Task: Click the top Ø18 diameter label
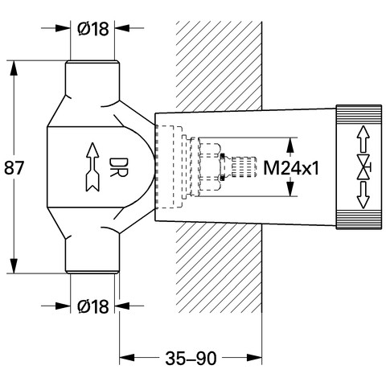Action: (x=93, y=28)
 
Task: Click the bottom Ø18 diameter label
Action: (x=93, y=306)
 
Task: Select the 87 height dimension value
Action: (x=14, y=168)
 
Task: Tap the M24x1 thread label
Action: (x=291, y=168)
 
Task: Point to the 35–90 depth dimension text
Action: (x=191, y=359)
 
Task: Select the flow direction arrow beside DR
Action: (x=92, y=167)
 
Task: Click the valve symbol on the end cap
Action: (x=364, y=167)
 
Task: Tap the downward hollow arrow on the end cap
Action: (x=363, y=195)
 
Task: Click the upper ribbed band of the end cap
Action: (x=359, y=113)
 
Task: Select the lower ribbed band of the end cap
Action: (x=359, y=220)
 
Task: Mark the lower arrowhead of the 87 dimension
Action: (x=14, y=265)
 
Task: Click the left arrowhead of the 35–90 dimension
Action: (x=127, y=358)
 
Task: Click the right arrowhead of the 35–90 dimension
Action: (x=254, y=358)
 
